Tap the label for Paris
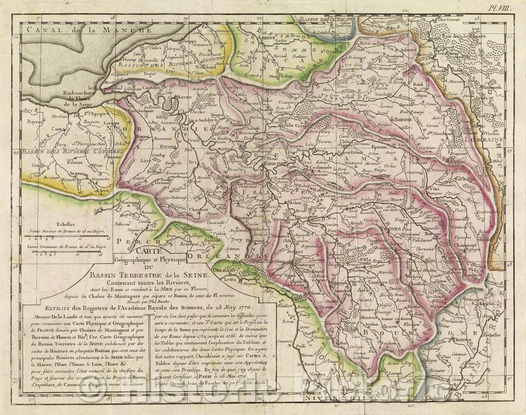tap(261, 163)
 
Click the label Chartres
tap(189, 210)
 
